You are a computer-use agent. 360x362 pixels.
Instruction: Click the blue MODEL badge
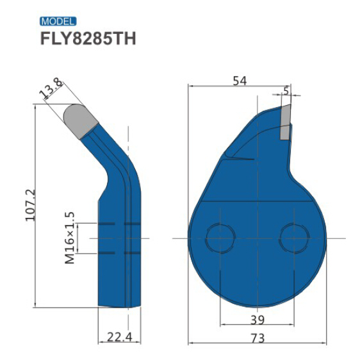[58, 21]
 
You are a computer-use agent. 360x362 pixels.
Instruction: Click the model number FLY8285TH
[88, 38]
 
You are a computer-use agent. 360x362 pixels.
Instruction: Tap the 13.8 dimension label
[52, 89]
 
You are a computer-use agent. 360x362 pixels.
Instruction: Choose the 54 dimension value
[239, 81]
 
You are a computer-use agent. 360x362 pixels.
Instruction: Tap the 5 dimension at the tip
[286, 90]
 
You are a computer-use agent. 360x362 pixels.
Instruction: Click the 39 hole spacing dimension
[256, 320]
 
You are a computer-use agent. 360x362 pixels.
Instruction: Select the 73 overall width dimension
[257, 338]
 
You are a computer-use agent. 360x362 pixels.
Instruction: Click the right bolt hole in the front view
[294, 238]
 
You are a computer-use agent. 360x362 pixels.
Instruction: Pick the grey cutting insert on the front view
[285, 122]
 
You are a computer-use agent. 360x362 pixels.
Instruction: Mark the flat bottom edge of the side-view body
[115, 306]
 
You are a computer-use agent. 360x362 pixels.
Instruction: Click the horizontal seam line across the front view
[256, 202]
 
